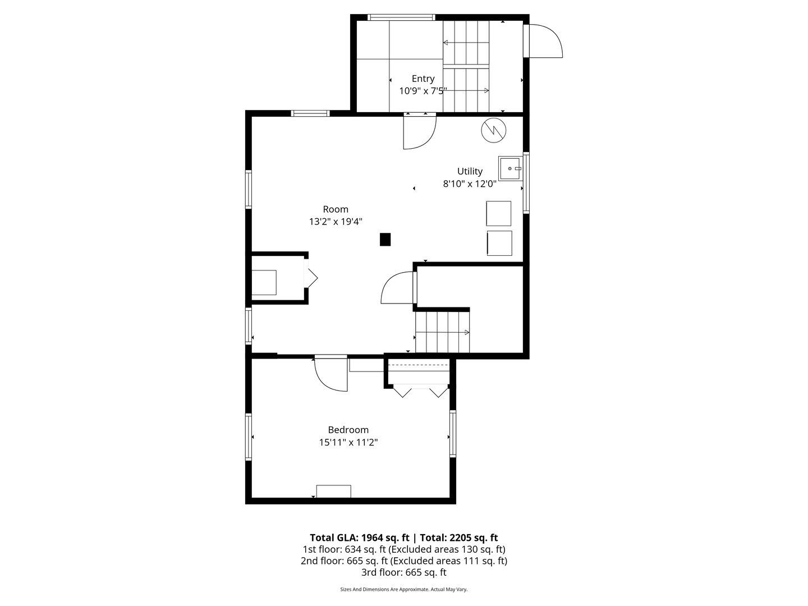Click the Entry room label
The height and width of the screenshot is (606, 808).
click(423, 79)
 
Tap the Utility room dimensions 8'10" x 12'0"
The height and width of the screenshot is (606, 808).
click(470, 183)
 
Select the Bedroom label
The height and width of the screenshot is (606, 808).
click(348, 430)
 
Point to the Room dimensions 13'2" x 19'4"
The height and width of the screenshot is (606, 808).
click(336, 222)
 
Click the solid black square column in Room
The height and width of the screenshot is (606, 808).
click(385, 240)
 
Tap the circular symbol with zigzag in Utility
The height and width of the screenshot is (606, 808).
click(493, 130)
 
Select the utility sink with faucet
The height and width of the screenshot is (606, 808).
click(511, 168)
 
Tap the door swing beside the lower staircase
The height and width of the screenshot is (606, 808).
click(398, 288)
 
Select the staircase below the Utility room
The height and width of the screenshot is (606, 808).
click(442, 332)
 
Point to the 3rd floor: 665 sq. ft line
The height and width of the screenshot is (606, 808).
click(403, 572)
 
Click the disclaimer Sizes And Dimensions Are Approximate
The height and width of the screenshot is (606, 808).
click(403, 589)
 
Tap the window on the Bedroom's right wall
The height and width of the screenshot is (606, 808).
click(452, 434)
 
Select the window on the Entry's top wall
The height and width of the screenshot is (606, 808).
click(401, 17)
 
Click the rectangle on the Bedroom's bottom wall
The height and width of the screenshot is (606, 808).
click(333, 492)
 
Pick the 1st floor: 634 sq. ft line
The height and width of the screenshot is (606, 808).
click(403, 549)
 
